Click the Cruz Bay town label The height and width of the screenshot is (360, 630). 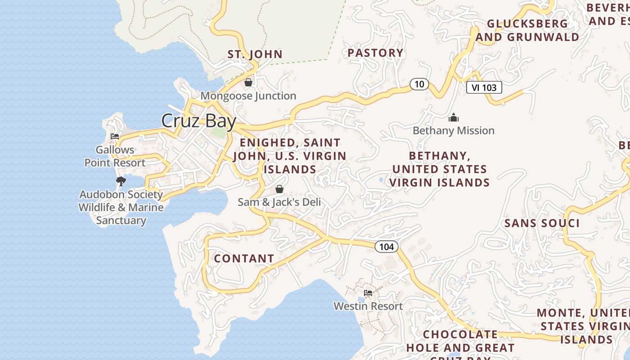click(x=198, y=121)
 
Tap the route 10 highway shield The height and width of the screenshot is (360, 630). click(x=419, y=84)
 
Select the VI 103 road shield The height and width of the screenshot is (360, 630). click(x=484, y=87)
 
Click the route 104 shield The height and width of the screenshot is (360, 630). click(x=387, y=246)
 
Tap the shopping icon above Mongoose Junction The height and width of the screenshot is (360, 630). click(x=248, y=82)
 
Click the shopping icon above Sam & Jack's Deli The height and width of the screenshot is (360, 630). click(x=279, y=189)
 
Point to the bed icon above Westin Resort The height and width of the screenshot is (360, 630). click(x=368, y=293)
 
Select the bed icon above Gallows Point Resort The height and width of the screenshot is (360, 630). click(x=115, y=136)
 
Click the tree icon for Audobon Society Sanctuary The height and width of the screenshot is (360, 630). click(x=121, y=181)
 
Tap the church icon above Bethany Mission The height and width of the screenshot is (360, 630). click(x=454, y=118)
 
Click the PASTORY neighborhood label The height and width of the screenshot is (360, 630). click(x=376, y=53)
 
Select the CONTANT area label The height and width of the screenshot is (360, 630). click(x=244, y=258)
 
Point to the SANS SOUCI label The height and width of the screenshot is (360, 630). click(x=542, y=223)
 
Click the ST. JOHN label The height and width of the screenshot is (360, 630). click(x=255, y=54)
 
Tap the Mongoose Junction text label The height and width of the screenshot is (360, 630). click(x=248, y=96)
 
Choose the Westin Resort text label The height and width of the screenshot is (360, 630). click(x=368, y=306)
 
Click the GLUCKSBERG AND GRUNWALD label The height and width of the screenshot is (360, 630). click(x=527, y=30)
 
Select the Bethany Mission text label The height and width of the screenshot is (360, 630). click(x=454, y=130)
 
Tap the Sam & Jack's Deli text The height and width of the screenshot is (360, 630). click(x=279, y=202)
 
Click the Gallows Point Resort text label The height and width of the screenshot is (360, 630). click(x=115, y=156)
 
